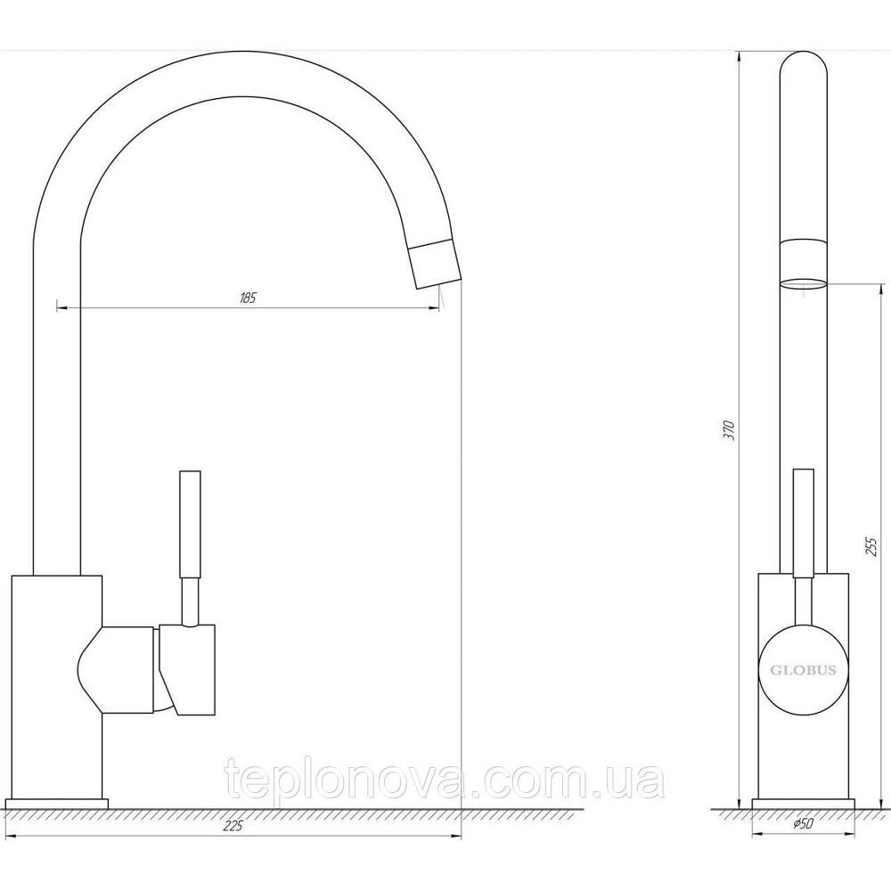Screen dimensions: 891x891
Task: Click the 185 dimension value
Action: [x=248, y=298]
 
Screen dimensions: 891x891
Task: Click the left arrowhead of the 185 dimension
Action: [x=61, y=308]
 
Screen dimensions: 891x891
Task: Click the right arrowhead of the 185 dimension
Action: [x=436, y=308]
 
